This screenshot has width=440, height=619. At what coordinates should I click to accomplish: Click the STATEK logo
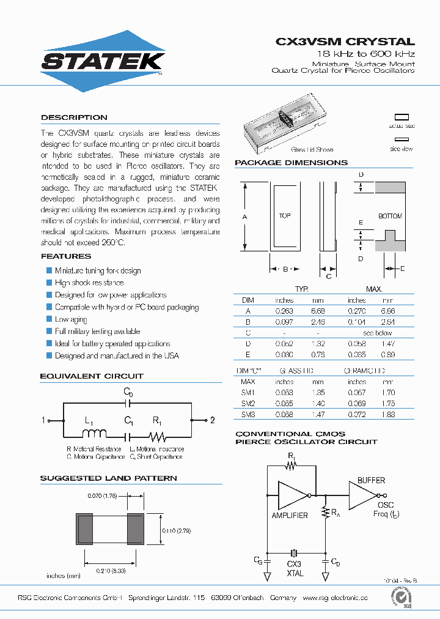102,61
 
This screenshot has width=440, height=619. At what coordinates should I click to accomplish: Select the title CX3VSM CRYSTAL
345,42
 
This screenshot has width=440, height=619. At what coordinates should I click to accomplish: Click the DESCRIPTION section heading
74,117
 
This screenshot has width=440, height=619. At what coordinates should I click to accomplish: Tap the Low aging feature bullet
70,319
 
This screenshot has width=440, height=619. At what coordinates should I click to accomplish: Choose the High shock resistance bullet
89,283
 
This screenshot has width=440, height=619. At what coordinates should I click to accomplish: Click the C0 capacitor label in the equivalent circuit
128,391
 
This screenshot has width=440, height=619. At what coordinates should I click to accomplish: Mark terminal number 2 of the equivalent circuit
213,420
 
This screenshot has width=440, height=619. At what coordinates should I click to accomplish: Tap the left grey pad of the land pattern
83,528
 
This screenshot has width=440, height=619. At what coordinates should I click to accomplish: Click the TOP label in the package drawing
285,216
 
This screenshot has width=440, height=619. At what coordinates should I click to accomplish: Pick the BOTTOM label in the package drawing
390,217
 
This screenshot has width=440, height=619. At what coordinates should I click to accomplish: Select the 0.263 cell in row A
285,311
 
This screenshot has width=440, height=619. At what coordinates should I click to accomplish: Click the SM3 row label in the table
248,415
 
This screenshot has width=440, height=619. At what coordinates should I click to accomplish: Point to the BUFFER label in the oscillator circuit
371,480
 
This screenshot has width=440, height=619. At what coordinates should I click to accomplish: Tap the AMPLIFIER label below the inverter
290,516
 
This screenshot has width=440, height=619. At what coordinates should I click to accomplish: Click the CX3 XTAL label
294,568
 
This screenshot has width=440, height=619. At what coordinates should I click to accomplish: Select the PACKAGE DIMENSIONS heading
291,163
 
